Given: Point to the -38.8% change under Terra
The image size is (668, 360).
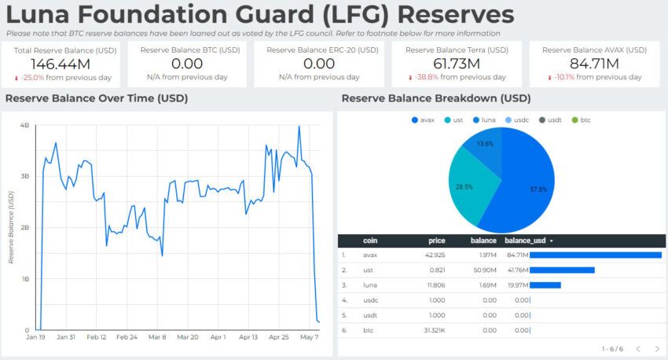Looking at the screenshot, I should pyautogui.click(x=424, y=77).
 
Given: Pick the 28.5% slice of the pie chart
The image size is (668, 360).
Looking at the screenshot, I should pyautogui.click(x=472, y=186).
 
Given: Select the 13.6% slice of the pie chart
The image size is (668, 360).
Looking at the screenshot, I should pyautogui.click(x=485, y=145).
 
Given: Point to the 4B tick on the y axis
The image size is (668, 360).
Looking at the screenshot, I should pyautogui.click(x=24, y=126).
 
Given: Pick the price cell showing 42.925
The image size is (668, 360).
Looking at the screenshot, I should pyautogui.click(x=434, y=255).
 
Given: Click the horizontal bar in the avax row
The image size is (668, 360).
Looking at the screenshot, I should pyautogui.click(x=596, y=255).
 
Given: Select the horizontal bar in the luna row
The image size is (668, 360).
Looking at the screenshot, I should pyautogui.click(x=545, y=285).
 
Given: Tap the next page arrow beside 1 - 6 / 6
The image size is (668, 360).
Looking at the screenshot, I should pyautogui.click(x=657, y=349).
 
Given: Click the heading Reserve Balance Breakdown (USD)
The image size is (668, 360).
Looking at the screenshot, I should pyautogui.click(x=436, y=98).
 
